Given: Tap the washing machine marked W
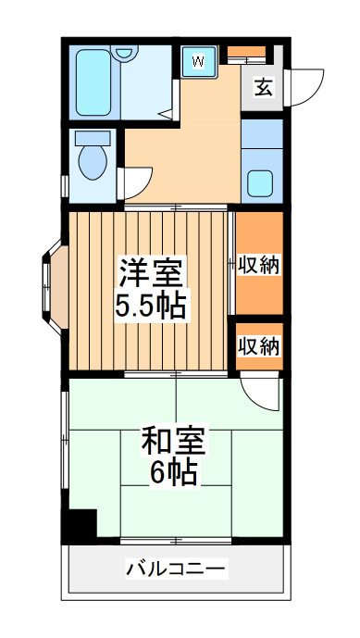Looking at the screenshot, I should click(x=197, y=61).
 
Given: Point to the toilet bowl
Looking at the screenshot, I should click(x=93, y=163).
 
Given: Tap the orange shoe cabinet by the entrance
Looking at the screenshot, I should click(x=246, y=51).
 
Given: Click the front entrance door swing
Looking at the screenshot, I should click(x=304, y=87).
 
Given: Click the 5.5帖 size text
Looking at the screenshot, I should click(x=149, y=305).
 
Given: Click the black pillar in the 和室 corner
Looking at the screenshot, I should click(x=79, y=526).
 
